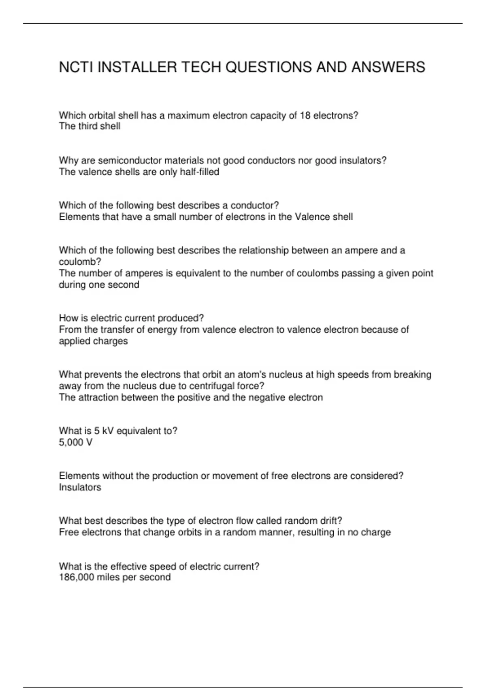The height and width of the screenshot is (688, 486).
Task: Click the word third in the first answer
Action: pyautogui.click(x=88, y=126)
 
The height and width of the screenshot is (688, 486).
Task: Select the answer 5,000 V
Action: pyautogui.click(x=76, y=442)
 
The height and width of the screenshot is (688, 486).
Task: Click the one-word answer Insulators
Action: pyautogui.click(x=80, y=487)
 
